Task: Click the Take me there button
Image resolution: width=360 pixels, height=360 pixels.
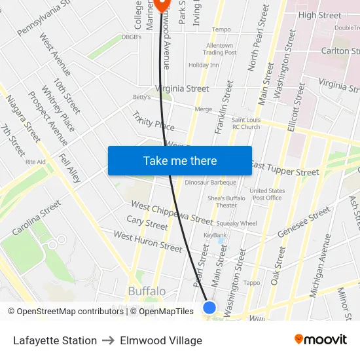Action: click(x=179, y=161)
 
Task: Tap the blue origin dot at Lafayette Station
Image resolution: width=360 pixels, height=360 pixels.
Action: click(x=209, y=307)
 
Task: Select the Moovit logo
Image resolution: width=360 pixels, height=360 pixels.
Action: click(x=320, y=340)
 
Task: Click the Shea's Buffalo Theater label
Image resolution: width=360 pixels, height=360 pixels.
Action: click(x=226, y=202)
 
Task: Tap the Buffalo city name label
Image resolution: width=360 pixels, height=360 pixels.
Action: click(x=147, y=291)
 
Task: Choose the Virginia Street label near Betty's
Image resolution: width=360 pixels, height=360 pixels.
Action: click(x=182, y=88)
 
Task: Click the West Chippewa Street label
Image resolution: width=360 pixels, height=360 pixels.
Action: click(x=171, y=213)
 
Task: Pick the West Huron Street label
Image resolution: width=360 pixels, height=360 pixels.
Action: click(x=147, y=242)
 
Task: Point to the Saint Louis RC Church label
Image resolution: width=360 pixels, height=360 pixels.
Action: click(x=245, y=123)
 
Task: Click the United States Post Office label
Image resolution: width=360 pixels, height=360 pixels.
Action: click(x=267, y=194)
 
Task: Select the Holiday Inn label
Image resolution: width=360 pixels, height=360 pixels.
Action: click(x=204, y=65)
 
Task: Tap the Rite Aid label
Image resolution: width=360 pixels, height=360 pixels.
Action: click(x=35, y=162)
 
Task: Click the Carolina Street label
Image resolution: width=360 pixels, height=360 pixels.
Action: click(x=37, y=218)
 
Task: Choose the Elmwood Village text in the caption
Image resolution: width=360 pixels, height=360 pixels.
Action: click(x=161, y=340)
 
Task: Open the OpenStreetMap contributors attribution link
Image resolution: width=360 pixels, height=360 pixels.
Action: click(x=65, y=312)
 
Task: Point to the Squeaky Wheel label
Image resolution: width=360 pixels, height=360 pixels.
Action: click(x=237, y=223)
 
